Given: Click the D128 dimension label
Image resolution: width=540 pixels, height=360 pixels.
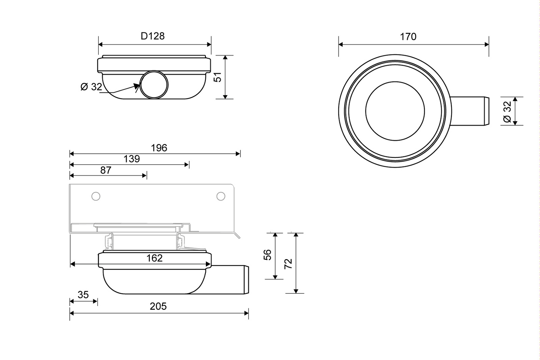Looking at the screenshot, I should pos(153,36).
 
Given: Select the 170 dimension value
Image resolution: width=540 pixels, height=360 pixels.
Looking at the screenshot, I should pos(408,37).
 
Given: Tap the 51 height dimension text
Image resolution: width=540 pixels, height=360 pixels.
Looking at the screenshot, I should pos(218,77).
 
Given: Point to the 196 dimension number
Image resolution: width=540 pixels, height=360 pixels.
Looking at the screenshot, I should pos(159,148).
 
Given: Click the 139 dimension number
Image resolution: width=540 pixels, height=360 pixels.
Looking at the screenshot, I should pos(132,159).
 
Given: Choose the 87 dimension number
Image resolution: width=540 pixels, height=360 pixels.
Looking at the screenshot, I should pos(106,170).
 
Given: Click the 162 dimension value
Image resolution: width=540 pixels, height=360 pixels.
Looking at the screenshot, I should pos(154,258).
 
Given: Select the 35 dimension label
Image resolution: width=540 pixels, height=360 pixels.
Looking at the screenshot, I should pos(83,295).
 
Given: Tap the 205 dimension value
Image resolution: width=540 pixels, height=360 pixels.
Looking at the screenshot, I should pos(158,306).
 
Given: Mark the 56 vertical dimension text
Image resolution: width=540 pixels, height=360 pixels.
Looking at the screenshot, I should pos(268,255).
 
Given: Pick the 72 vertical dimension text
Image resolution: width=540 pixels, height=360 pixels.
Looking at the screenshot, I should pos(288,264).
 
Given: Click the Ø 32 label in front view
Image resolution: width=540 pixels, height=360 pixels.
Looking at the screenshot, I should pos(91,87).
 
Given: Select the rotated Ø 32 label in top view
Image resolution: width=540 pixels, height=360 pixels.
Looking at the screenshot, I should pos(507,111).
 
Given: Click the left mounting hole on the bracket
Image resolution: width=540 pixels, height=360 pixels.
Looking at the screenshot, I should pos(96,196).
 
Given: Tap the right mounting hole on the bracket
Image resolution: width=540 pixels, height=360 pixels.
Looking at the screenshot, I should pos(221,196).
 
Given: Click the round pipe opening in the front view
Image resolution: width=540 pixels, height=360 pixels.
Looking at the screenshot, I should pos(154,84).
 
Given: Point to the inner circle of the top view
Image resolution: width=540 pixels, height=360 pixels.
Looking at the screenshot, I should pos(395,111).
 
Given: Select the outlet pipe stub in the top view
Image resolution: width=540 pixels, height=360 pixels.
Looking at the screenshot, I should pos(471,111).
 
